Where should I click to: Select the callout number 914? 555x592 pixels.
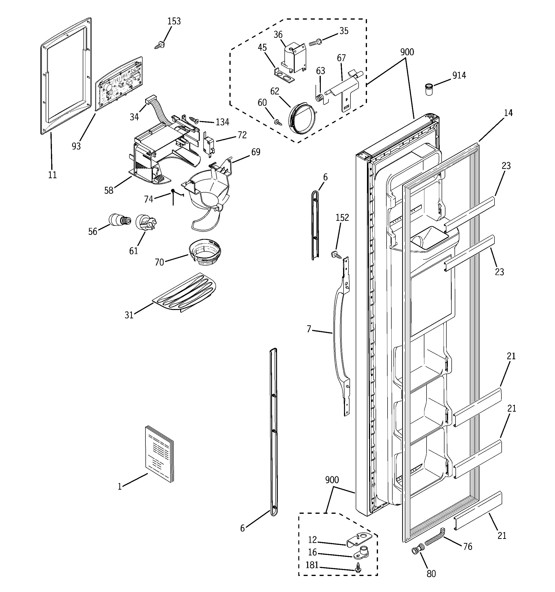[459, 76]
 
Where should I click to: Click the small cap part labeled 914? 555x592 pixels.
[428, 89]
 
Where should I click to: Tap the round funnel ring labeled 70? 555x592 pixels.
[205, 252]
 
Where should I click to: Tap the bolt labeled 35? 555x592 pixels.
[315, 43]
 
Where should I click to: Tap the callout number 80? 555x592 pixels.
[431, 574]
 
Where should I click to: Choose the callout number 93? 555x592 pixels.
[76, 146]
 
